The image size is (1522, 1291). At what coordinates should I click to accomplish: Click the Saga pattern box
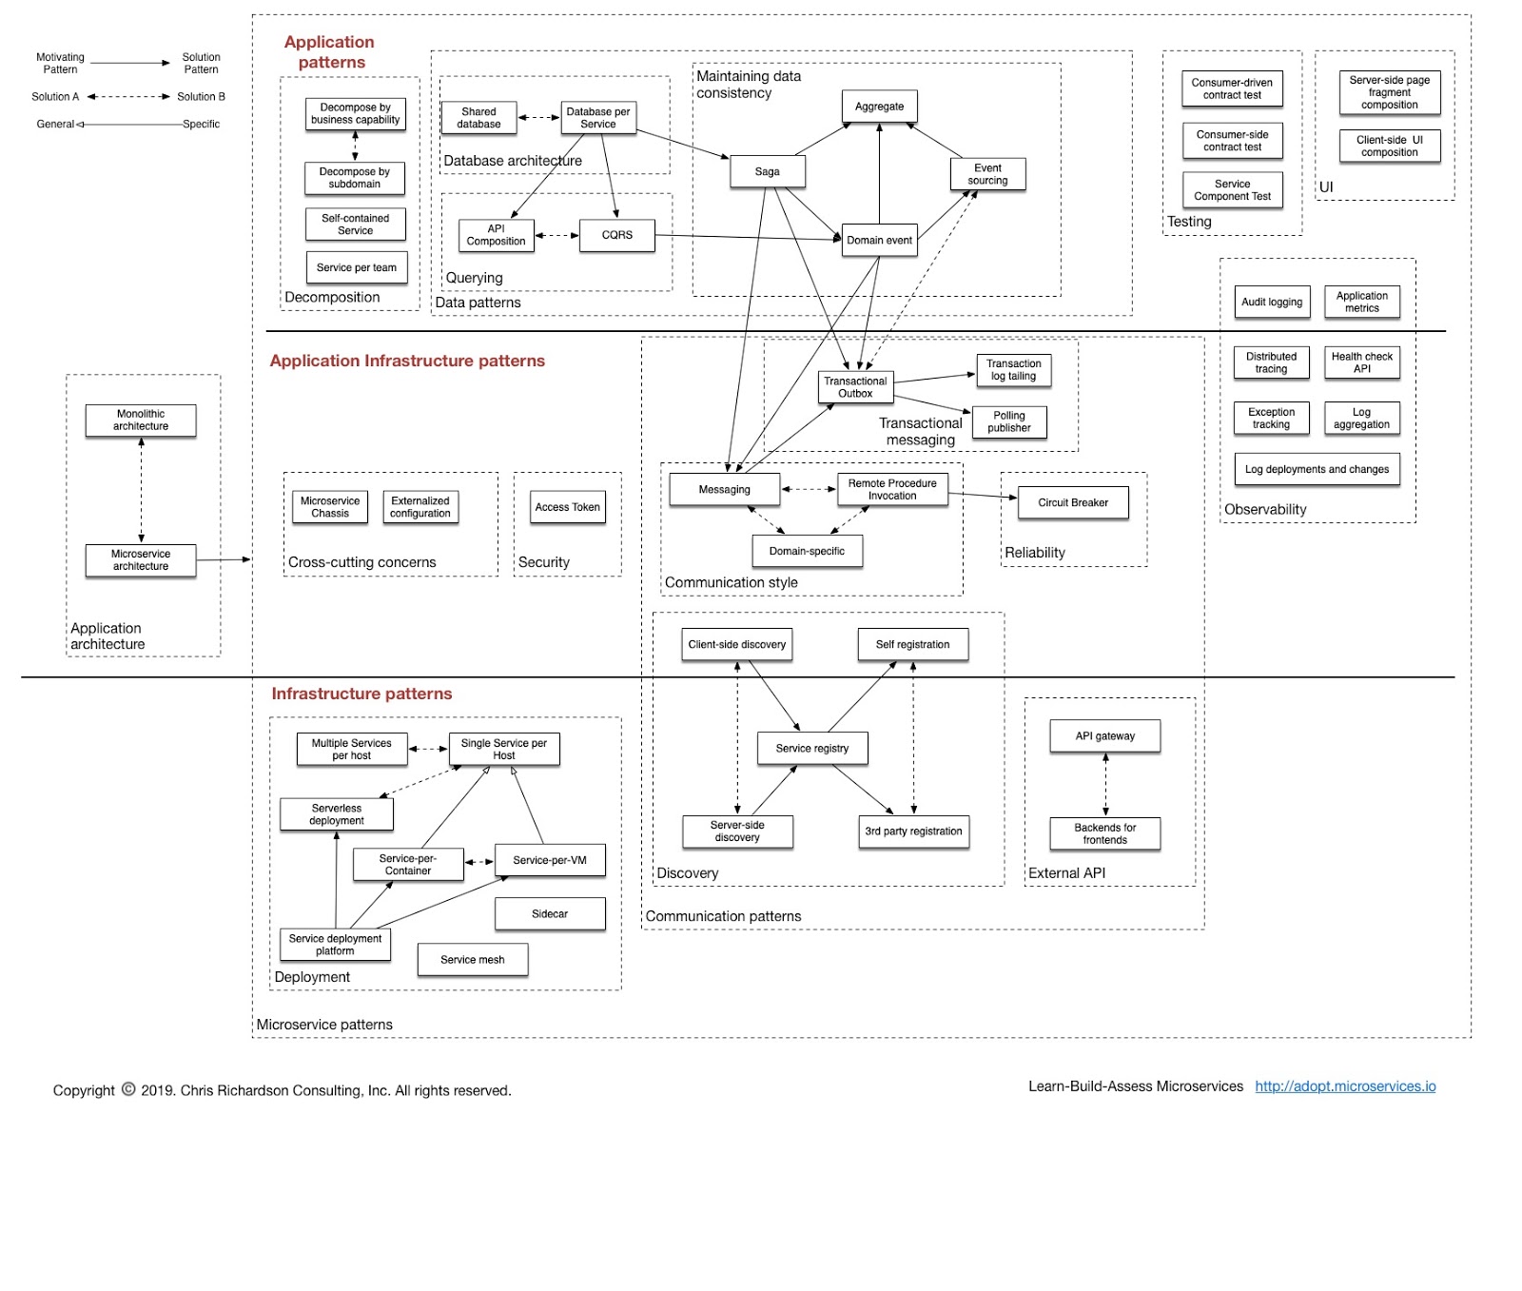coord(767,172)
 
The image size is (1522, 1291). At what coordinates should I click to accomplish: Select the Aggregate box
coord(879,107)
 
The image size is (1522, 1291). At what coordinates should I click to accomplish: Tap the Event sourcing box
coord(987,174)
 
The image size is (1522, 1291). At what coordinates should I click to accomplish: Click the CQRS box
coord(616,235)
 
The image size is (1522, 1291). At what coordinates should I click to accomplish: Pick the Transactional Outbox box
coord(855,387)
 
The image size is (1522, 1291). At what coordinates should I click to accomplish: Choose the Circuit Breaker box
coord(1073,502)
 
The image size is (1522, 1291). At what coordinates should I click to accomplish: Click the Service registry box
coord(811,748)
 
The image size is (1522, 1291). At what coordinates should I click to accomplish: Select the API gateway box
coord(1104,735)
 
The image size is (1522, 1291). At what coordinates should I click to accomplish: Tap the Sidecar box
coord(550,913)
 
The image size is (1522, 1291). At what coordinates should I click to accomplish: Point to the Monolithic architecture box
coord(141,420)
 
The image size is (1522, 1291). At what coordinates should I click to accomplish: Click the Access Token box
coord(567,507)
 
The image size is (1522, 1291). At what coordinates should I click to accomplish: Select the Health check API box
coord(1361,362)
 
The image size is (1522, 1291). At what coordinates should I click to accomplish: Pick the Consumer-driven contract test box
coord(1232,88)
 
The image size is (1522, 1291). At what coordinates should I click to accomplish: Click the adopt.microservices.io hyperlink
coord(1345,1086)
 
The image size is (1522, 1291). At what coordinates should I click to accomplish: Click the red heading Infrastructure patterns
coord(361,694)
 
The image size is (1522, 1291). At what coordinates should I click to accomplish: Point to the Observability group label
coord(1265,509)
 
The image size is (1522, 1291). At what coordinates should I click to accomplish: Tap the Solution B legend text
coord(201,96)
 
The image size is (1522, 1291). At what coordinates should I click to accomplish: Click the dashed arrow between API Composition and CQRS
coord(556,235)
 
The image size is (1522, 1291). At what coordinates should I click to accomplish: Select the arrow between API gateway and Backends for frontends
coord(1105,784)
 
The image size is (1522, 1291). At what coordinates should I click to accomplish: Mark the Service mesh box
coord(473,959)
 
